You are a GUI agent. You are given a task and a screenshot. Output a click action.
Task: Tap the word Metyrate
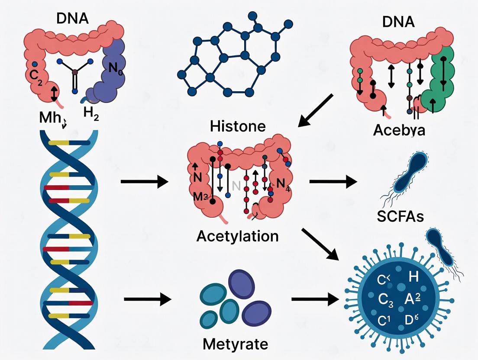(x=235, y=344)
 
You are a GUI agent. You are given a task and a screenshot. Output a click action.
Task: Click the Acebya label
(x=399, y=129)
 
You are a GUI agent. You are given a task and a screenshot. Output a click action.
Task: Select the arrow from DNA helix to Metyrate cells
(x=147, y=299)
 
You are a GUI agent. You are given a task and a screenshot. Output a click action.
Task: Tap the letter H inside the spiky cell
(x=414, y=277)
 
